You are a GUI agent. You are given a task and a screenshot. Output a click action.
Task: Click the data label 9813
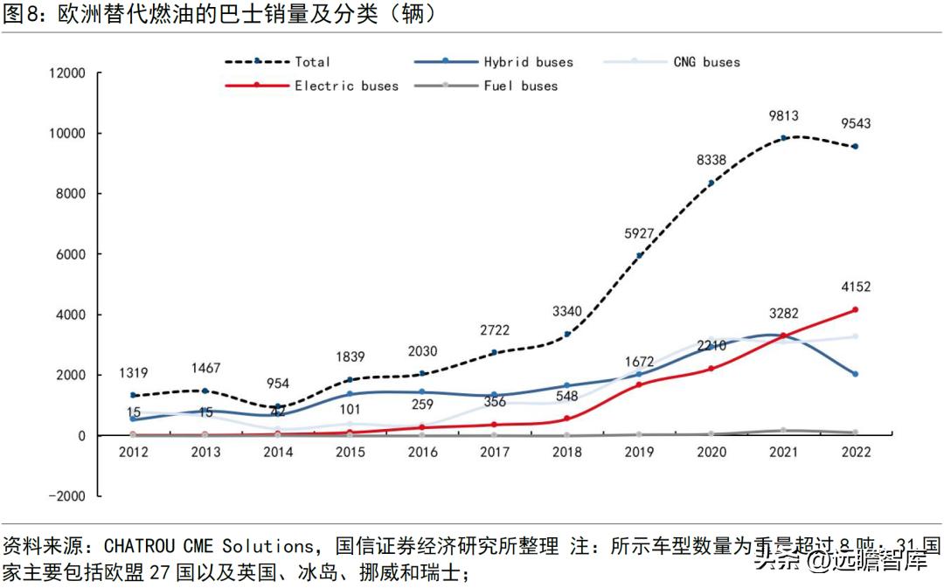pyautogui.click(x=783, y=116)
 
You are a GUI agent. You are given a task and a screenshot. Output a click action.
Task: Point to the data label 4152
pyautogui.click(x=855, y=287)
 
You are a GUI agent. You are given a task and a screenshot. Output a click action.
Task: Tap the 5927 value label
pyautogui.click(x=639, y=234)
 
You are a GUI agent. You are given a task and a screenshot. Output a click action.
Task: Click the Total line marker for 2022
pyautogui.click(x=855, y=147)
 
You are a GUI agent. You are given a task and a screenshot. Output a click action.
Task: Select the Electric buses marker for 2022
pyautogui.click(x=855, y=309)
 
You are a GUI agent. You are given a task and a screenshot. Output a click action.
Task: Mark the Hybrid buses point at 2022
pyautogui.click(x=855, y=374)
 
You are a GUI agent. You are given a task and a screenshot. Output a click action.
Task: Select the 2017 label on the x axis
pyautogui.click(x=495, y=452)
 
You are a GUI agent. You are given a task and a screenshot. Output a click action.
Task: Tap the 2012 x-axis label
pyautogui.click(x=134, y=452)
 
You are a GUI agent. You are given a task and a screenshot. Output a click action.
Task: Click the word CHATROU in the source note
pyautogui.click(x=141, y=547)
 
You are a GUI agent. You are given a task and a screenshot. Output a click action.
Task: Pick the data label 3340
pyautogui.click(x=566, y=312)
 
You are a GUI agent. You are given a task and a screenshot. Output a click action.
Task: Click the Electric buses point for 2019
pyautogui.click(x=639, y=384)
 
